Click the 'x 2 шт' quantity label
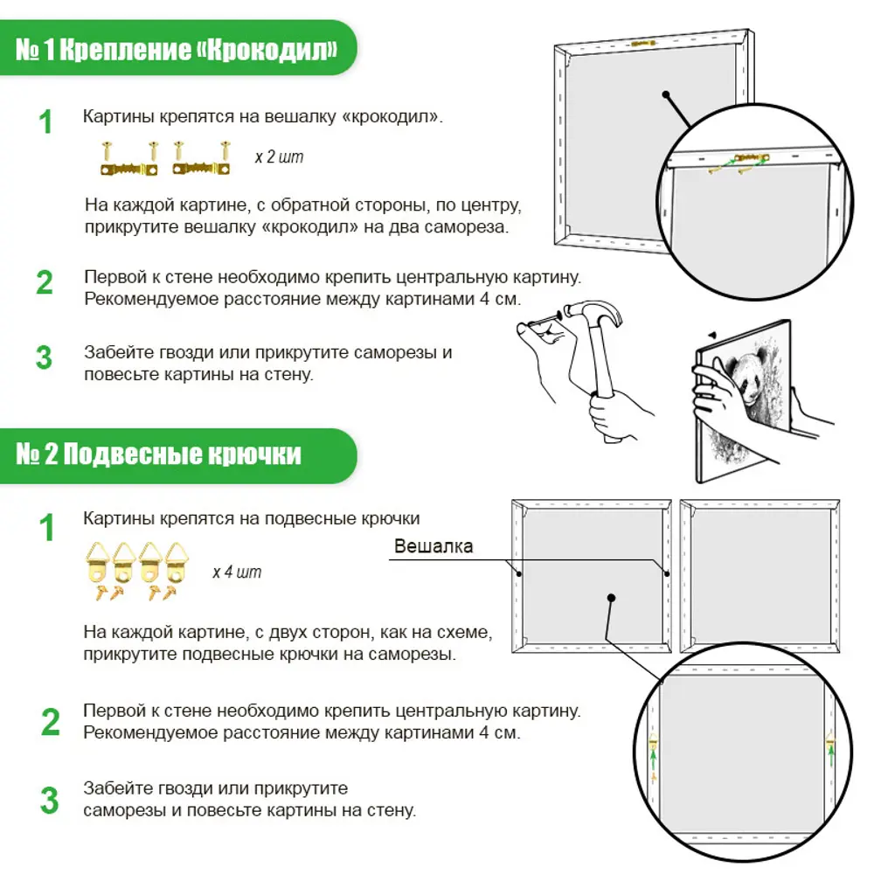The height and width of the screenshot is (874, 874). (x=280, y=156)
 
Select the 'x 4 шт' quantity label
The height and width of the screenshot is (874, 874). (x=237, y=572)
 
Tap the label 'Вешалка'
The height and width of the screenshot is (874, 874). (x=434, y=545)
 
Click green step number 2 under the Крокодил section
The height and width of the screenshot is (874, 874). (x=45, y=282)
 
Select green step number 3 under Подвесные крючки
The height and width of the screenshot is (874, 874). (x=49, y=801)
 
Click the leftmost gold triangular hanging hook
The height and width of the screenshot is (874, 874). (x=98, y=562)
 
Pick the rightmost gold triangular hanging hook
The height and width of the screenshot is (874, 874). (x=177, y=562)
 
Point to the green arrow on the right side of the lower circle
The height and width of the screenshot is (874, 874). (x=831, y=755)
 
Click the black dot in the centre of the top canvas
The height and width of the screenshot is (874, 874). (x=665, y=94)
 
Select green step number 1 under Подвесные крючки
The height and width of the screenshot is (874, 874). (x=47, y=527)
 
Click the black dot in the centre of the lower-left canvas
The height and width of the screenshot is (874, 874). (x=612, y=598)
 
